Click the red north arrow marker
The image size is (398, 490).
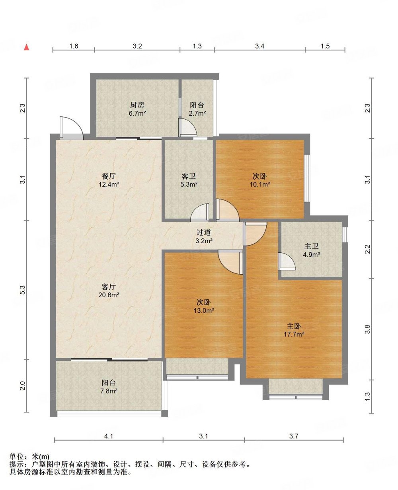[x=27, y=47]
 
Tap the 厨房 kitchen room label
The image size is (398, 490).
[x=137, y=105]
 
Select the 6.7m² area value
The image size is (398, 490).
[x=137, y=113]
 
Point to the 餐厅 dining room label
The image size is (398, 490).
[x=109, y=176]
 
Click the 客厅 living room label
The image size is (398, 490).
[x=109, y=287]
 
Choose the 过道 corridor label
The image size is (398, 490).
[x=204, y=232]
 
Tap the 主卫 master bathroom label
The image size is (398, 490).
[x=312, y=246]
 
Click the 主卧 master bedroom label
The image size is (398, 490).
[x=294, y=326]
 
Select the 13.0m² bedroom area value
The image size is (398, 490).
[x=204, y=310]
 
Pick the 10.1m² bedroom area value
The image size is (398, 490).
[x=260, y=184]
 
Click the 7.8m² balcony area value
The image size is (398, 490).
[x=109, y=391]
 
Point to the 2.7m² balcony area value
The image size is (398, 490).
[x=197, y=113]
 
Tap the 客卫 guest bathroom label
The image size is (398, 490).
[x=189, y=176]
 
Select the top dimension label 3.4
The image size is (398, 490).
[x=259, y=46]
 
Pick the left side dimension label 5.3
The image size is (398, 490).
[x=23, y=290]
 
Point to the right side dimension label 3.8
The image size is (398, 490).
[x=367, y=329]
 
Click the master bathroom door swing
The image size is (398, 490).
[x=287, y=261]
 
